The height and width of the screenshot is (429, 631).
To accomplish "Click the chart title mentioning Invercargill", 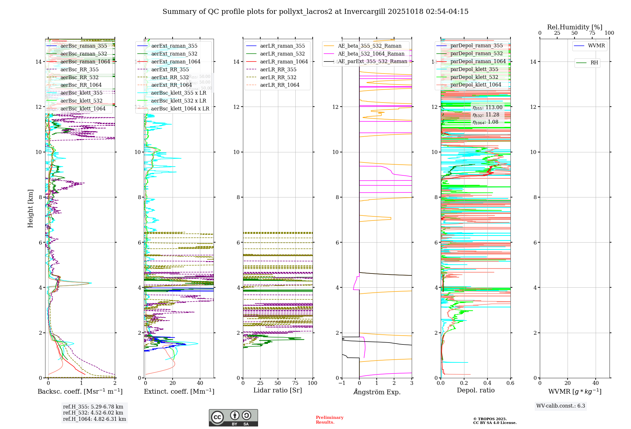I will pyautogui.click(x=315, y=12).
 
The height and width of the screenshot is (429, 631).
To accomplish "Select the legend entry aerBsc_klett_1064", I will pyautogui.click(x=83, y=109).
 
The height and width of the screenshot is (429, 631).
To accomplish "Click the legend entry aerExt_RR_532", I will pyautogui.click(x=170, y=78).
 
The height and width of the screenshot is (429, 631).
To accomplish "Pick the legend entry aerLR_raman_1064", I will pyautogui.click(x=284, y=62).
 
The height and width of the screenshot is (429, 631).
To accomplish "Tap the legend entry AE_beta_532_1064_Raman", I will pyautogui.click(x=371, y=54).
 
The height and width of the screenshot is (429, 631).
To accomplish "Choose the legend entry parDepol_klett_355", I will pyautogui.click(x=474, y=69).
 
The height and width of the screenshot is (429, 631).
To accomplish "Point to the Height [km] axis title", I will pyautogui.click(x=30, y=209).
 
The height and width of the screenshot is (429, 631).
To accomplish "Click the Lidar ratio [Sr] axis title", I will pyautogui.click(x=278, y=391).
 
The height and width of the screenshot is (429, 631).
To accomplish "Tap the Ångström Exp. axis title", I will pyautogui.click(x=377, y=392).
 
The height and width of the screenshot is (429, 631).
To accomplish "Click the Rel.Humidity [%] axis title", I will pyautogui.click(x=575, y=27).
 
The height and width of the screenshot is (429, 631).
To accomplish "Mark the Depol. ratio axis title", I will pyautogui.click(x=476, y=391).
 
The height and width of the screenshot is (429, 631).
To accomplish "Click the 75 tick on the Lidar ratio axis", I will pyautogui.click(x=295, y=383).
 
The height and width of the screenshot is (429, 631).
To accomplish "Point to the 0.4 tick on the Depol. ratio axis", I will pyautogui.click(x=487, y=383).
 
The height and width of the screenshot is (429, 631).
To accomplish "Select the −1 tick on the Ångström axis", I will pyautogui.click(x=342, y=383).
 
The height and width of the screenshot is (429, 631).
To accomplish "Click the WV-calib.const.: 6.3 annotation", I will pyautogui.click(x=561, y=406).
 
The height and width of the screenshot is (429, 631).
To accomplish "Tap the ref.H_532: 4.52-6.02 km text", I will pyautogui.click(x=93, y=413).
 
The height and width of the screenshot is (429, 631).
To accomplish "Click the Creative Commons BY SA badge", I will pyautogui.click(x=233, y=418).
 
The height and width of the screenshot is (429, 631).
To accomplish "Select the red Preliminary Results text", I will pyautogui.click(x=329, y=420).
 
